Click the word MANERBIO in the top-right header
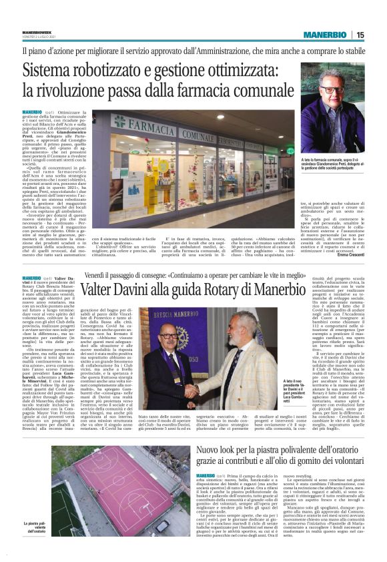[x=322, y=35]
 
